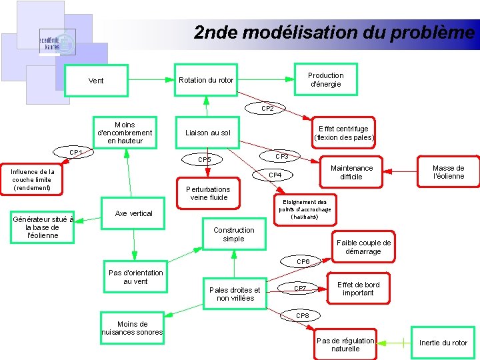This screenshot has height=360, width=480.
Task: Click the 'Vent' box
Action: (96, 81)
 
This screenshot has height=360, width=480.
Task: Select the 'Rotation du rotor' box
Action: (206, 81)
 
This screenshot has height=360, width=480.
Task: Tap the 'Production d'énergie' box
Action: (325, 80)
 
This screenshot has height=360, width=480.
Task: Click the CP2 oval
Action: (267, 108)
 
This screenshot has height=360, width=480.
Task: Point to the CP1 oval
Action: (75, 153)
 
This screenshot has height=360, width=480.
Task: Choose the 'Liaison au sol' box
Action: (208, 133)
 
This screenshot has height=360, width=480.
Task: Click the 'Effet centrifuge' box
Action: (343, 133)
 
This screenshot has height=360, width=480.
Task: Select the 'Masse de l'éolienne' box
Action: (448, 172)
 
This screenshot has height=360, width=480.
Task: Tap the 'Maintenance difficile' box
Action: (351, 173)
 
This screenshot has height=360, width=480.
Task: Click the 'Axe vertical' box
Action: (133, 213)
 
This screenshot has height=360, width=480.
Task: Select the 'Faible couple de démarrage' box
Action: (363, 247)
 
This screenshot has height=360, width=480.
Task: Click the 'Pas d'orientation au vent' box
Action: (135, 277)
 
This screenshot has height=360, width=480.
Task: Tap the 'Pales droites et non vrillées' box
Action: (235, 294)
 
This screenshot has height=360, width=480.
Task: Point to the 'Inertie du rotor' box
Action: (443, 343)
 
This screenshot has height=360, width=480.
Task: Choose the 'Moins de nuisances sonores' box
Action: (132, 328)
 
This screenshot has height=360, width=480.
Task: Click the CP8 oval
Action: (302, 315)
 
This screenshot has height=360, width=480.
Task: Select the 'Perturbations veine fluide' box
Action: (209, 193)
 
